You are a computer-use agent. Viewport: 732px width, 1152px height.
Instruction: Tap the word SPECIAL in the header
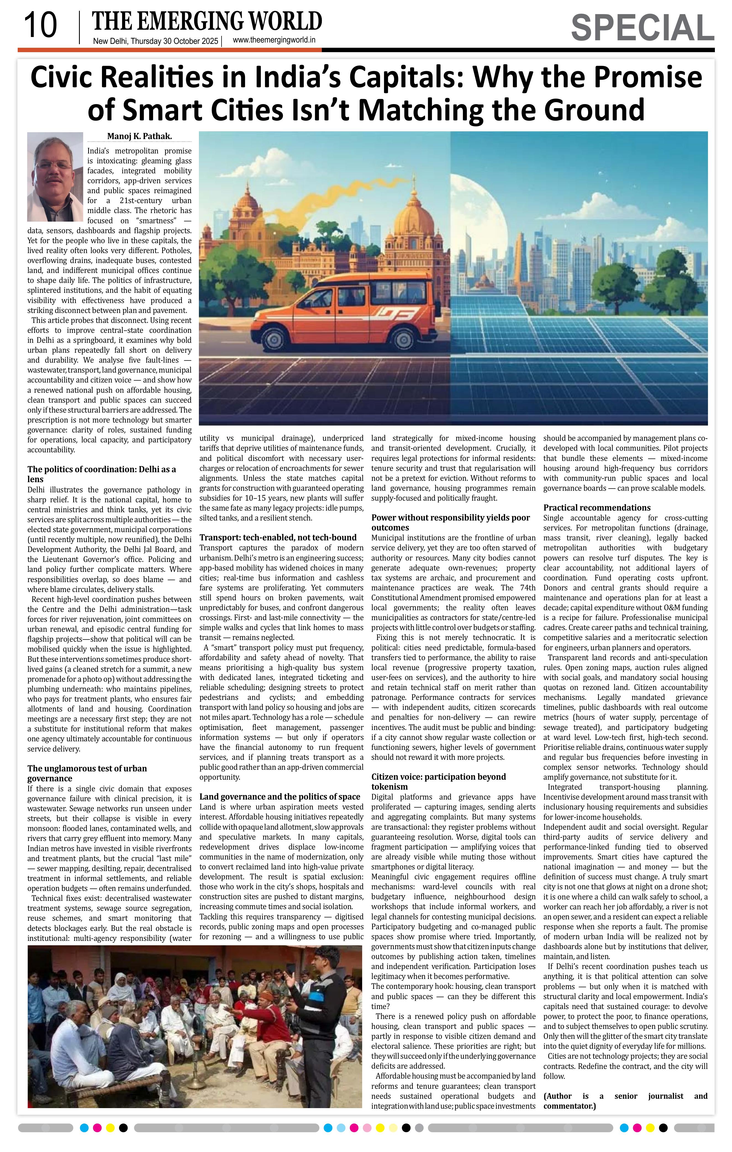tap(642, 28)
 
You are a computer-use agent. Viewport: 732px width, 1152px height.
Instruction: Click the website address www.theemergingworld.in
tap(274, 40)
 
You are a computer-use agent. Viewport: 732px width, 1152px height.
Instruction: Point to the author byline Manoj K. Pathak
tap(139, 136)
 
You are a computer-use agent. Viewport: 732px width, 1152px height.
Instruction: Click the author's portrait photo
tap(55, 177)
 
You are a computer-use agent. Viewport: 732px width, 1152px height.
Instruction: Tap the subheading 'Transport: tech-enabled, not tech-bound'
tap(278, 537)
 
